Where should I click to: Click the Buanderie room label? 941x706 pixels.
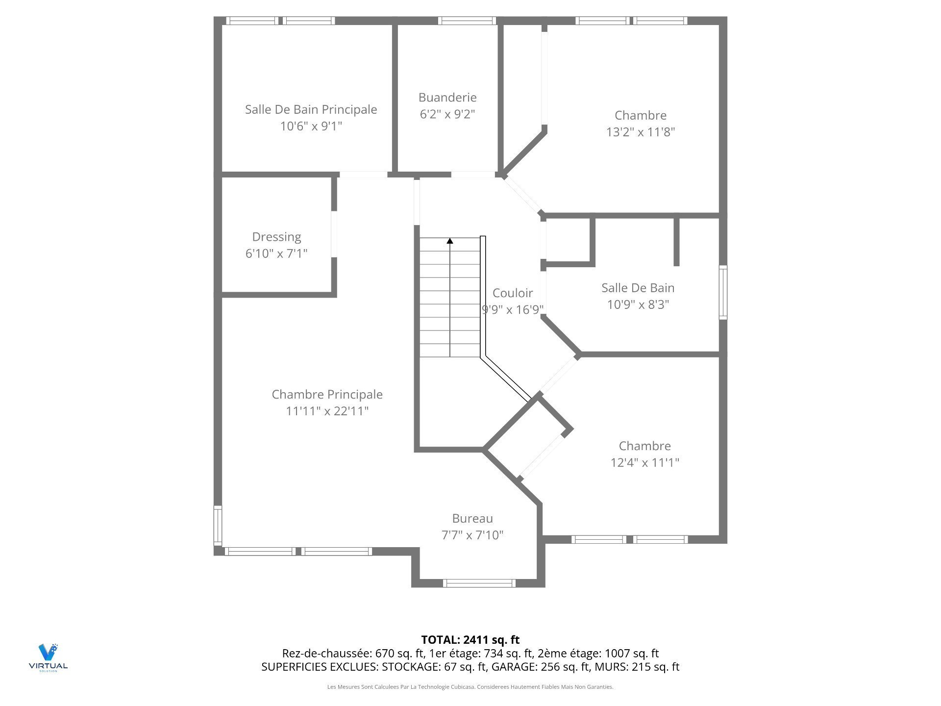447,98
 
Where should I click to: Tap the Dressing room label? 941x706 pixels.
276,237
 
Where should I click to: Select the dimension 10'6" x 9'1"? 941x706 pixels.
311,126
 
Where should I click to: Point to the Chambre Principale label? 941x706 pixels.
327,395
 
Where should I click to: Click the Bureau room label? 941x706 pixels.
472,519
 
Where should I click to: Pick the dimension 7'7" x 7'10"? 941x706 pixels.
472,535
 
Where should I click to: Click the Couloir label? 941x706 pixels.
513,293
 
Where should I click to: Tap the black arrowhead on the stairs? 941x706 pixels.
450,241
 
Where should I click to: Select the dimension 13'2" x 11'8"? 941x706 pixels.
641,132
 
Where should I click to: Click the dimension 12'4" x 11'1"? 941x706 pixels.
644,462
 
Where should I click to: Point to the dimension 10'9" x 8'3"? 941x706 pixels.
638,304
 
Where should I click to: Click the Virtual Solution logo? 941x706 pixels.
48,657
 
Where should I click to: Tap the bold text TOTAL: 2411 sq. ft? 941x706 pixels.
470,640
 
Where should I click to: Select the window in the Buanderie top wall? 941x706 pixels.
467,21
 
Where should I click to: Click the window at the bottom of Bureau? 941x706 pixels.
479,583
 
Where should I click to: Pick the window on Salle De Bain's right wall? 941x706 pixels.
723,292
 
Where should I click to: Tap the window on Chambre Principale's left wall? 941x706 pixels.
218,526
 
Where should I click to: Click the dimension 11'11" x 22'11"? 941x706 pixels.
327,411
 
